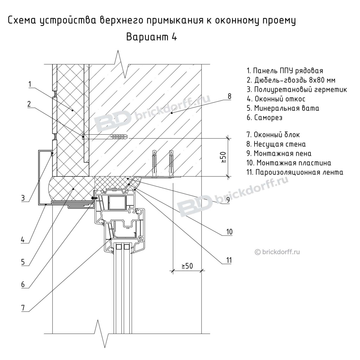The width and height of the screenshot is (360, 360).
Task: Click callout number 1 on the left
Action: pyautogui.click(x=30, y=84)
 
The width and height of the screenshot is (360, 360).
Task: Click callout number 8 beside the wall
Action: pyautogui.click(x=229, y=96)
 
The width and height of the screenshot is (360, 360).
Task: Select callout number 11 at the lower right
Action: pyautogui.click(x=229, y=260)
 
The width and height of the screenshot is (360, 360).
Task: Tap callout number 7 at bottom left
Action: pyautogui.click(x=23, y=307)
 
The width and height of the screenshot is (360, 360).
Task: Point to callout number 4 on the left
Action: pyautogui.click(x=23, y=240)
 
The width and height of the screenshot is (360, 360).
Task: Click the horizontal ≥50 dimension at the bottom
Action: pyautogui.click(x=187, y=266)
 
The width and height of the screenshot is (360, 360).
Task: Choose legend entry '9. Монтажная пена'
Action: pyautogui.click(x=279, y=154)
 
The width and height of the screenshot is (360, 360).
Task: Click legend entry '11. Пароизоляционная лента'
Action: pyautogui.click(x=295, y=172)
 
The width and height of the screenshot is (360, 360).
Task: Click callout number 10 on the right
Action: pyautogui.click(x=229, y=232)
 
